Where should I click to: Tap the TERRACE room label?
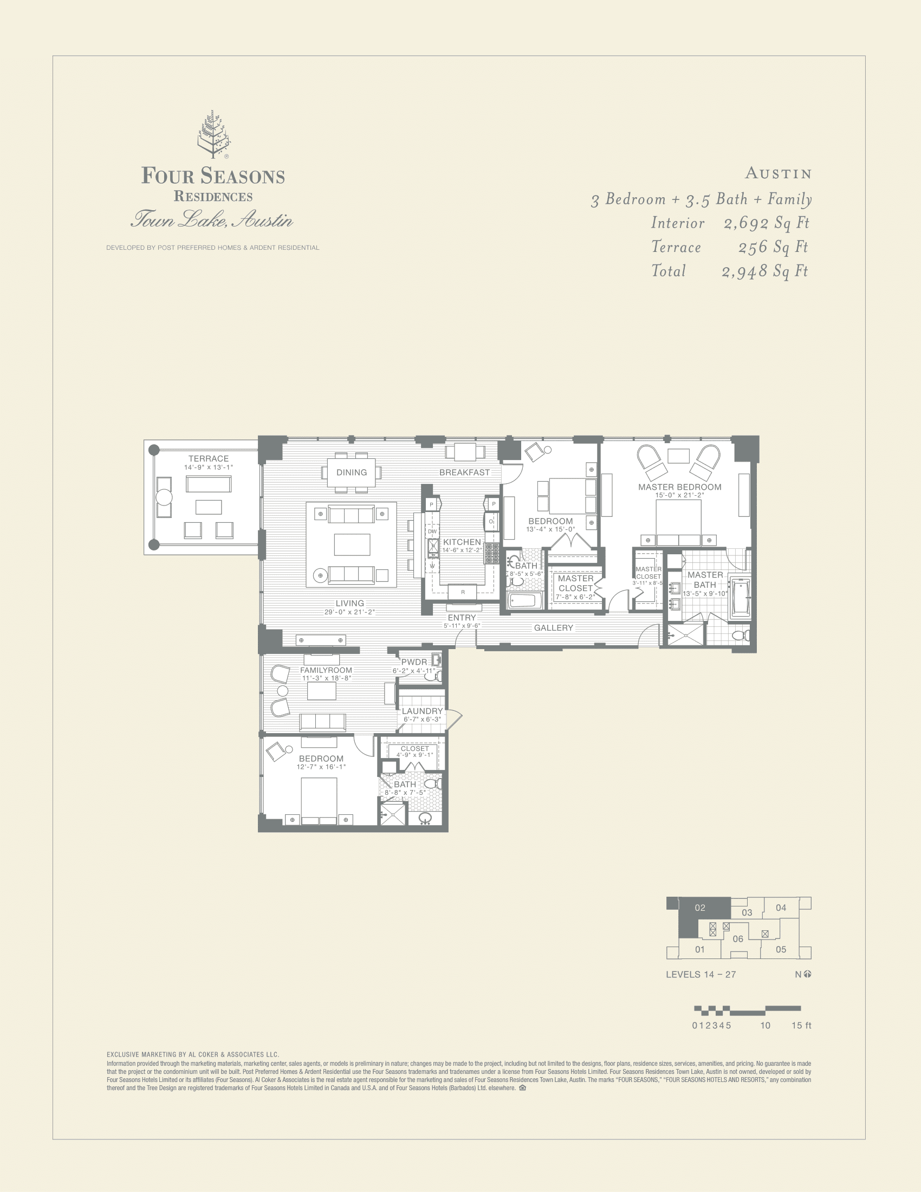(x=209, y=458)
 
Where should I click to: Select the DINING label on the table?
(x=352, y=472)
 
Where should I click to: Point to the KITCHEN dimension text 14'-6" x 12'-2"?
(x=462, y=550)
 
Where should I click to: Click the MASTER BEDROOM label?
(x=679, y=487)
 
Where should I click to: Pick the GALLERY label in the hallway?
(x=553, y=627)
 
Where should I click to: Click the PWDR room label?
(x=414, y=662)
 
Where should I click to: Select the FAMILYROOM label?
(x=326, y=670)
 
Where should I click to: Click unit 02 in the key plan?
(x=700, y=908)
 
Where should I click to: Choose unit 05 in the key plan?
(x=781, y=949)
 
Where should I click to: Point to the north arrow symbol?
(x=808, y=974)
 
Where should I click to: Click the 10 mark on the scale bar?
(x=765, y=1026)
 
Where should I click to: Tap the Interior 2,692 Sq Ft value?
(x=766, y=223)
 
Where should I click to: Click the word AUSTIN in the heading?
(x=779, y=173)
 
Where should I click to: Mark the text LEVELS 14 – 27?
(x=701, y=974)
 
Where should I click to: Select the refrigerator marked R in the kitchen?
(x=463, y=592)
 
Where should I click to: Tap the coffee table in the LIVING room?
(x=352, y=544)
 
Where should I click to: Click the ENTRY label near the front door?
(x=462, y=618)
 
